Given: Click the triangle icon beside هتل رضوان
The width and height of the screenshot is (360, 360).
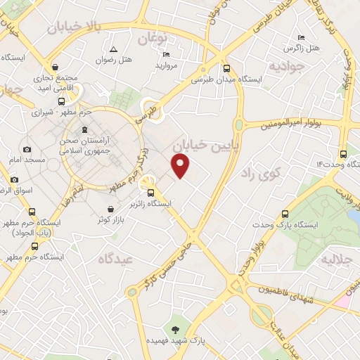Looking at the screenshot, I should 112,49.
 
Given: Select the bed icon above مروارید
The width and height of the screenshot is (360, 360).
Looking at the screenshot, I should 167,55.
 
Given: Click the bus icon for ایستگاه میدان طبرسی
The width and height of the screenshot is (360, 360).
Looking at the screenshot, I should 226,69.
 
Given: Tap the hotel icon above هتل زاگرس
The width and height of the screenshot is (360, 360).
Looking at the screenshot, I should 301,37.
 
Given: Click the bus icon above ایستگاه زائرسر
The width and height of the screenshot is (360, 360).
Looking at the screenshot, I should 150,193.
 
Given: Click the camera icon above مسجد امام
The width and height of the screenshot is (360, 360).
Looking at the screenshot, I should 27,149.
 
